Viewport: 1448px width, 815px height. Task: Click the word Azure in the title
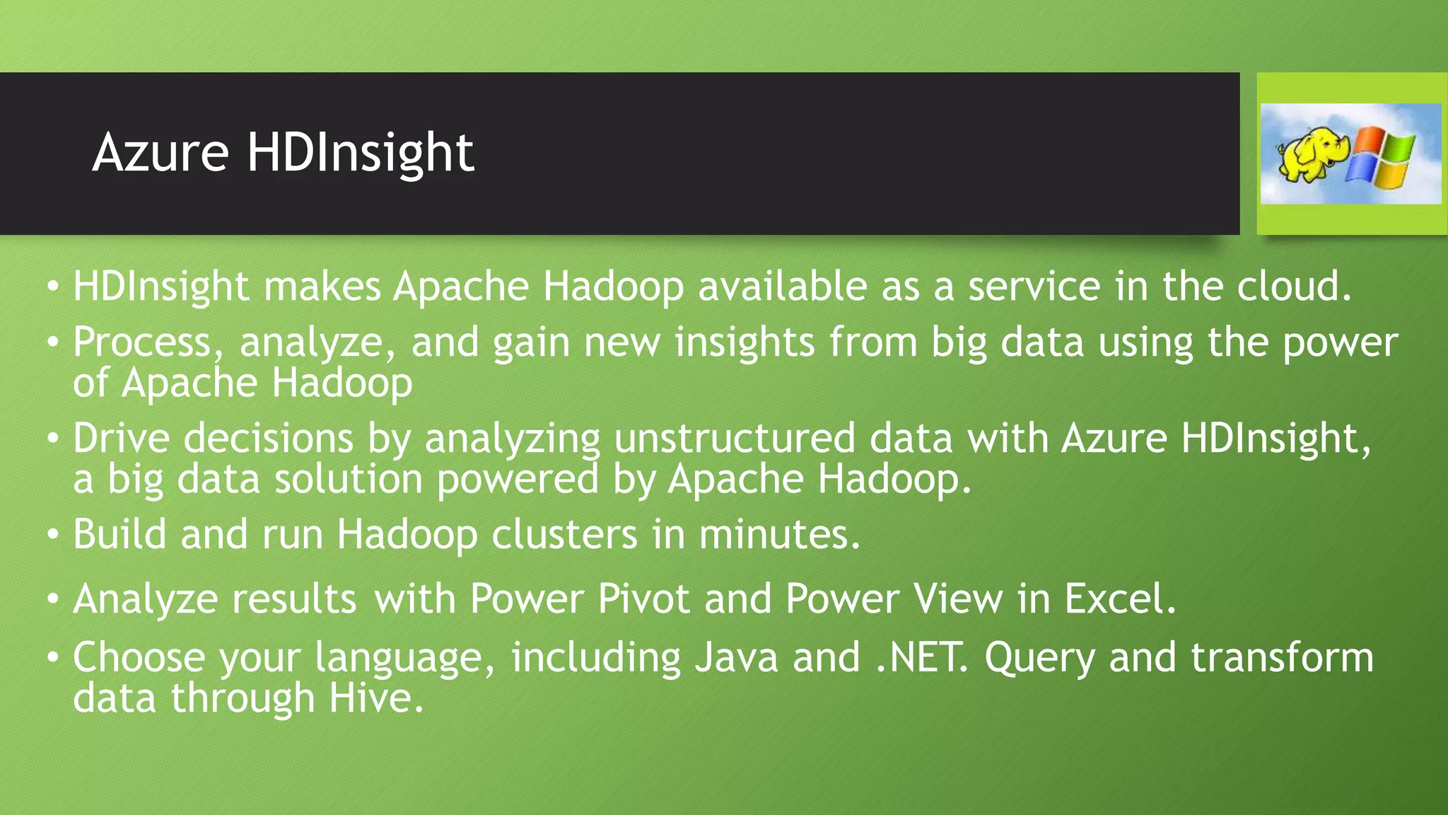pyautogui.click(x=160, y=153)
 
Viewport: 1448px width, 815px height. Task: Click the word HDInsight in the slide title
pyautogui.click(x=360, y=153)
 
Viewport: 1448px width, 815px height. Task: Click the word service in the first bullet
pyautogui.click(x=1034, y=287)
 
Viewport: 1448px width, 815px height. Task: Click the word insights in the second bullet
pyautogui.click(x=745, y=343)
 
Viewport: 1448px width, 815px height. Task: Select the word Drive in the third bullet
pyautogui.click(x=121, y=439)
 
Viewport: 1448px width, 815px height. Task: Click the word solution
pyautogui.click(x=348, y=480)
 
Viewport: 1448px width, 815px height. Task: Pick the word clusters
pyautogui.click(x=564, y=534)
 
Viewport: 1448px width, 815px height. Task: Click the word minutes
pyautogui.click(x=779, y=534)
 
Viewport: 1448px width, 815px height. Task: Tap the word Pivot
pyautogui.click(x=643, y=599)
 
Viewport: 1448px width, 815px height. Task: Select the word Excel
pyautogui.click(x=1119, y=599)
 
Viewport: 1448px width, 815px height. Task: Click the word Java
pyautogui.click(x=735, y=658)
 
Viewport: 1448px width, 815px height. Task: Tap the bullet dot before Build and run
pyautogui.click(x=54, y=536)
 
